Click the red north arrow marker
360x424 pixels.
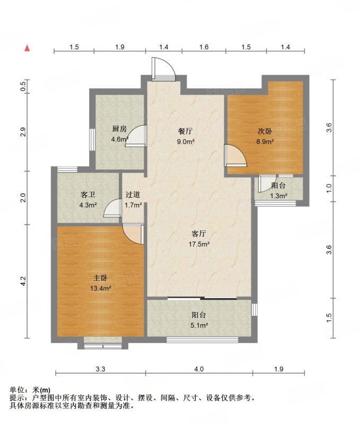point(27,48)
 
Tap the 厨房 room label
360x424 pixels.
point(119,129)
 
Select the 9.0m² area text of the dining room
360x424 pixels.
point(186,142)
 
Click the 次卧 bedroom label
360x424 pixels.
point(265,131)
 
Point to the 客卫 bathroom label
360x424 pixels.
point(88,195)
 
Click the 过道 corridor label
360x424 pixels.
point(133,195)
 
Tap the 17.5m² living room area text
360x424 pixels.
point(199,244)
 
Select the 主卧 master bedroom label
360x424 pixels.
point(101,278)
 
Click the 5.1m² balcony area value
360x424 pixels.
point(199,325)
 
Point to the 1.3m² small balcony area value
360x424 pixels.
point(278,196)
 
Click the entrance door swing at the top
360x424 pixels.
point(163,69)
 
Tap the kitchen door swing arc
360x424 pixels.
point(136,136)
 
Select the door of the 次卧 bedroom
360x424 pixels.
point(235,156)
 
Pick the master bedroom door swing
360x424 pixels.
point(133,234)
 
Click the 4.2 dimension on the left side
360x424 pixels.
point(23,281)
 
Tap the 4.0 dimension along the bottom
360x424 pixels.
point(199,369)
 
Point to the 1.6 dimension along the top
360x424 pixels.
point(204,47)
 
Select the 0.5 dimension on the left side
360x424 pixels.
point(23,86)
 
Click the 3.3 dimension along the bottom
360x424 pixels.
point(100,369)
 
